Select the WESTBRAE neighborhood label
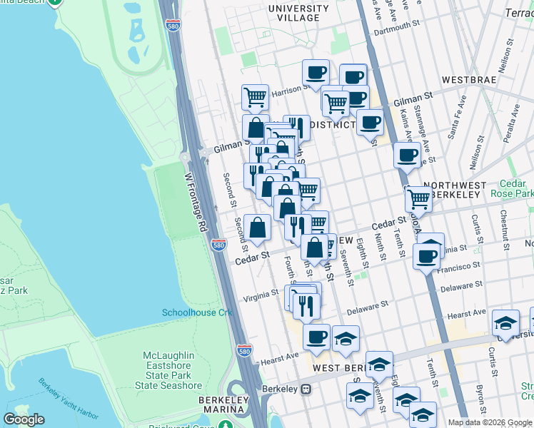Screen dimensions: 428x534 (468, 79)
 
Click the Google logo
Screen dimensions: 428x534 (25, 419)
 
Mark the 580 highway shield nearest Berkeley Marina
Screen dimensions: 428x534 (245, 351)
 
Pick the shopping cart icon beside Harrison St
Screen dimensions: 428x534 (255, 97)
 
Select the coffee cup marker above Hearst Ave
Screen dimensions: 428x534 (316, 336)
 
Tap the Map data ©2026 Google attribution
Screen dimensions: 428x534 (490, 422)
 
